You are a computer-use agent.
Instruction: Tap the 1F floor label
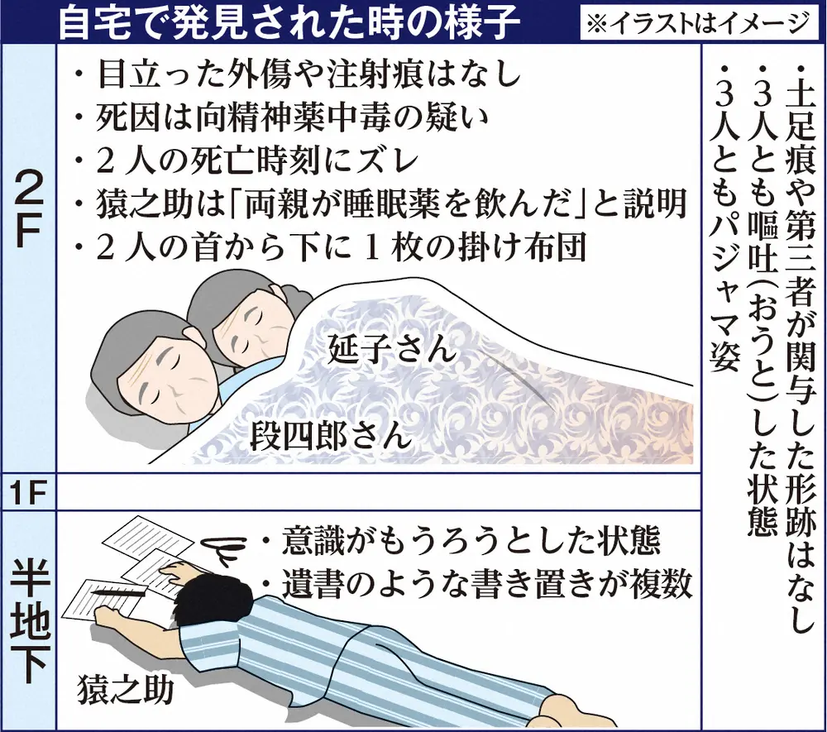(x=27, y=494)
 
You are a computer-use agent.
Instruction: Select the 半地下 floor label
(x=29, y=620)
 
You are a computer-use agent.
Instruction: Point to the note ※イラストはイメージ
(x=696, y=24)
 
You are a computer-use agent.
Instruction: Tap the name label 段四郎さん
(x=330, y=434)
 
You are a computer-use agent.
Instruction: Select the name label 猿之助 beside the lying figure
(x=126, y=690)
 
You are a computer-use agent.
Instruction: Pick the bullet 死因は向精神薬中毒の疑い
(x=281, y=117)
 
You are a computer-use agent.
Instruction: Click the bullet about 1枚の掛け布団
(x=331, y=246)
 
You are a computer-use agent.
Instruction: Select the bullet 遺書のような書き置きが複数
(x=476, y=584)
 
